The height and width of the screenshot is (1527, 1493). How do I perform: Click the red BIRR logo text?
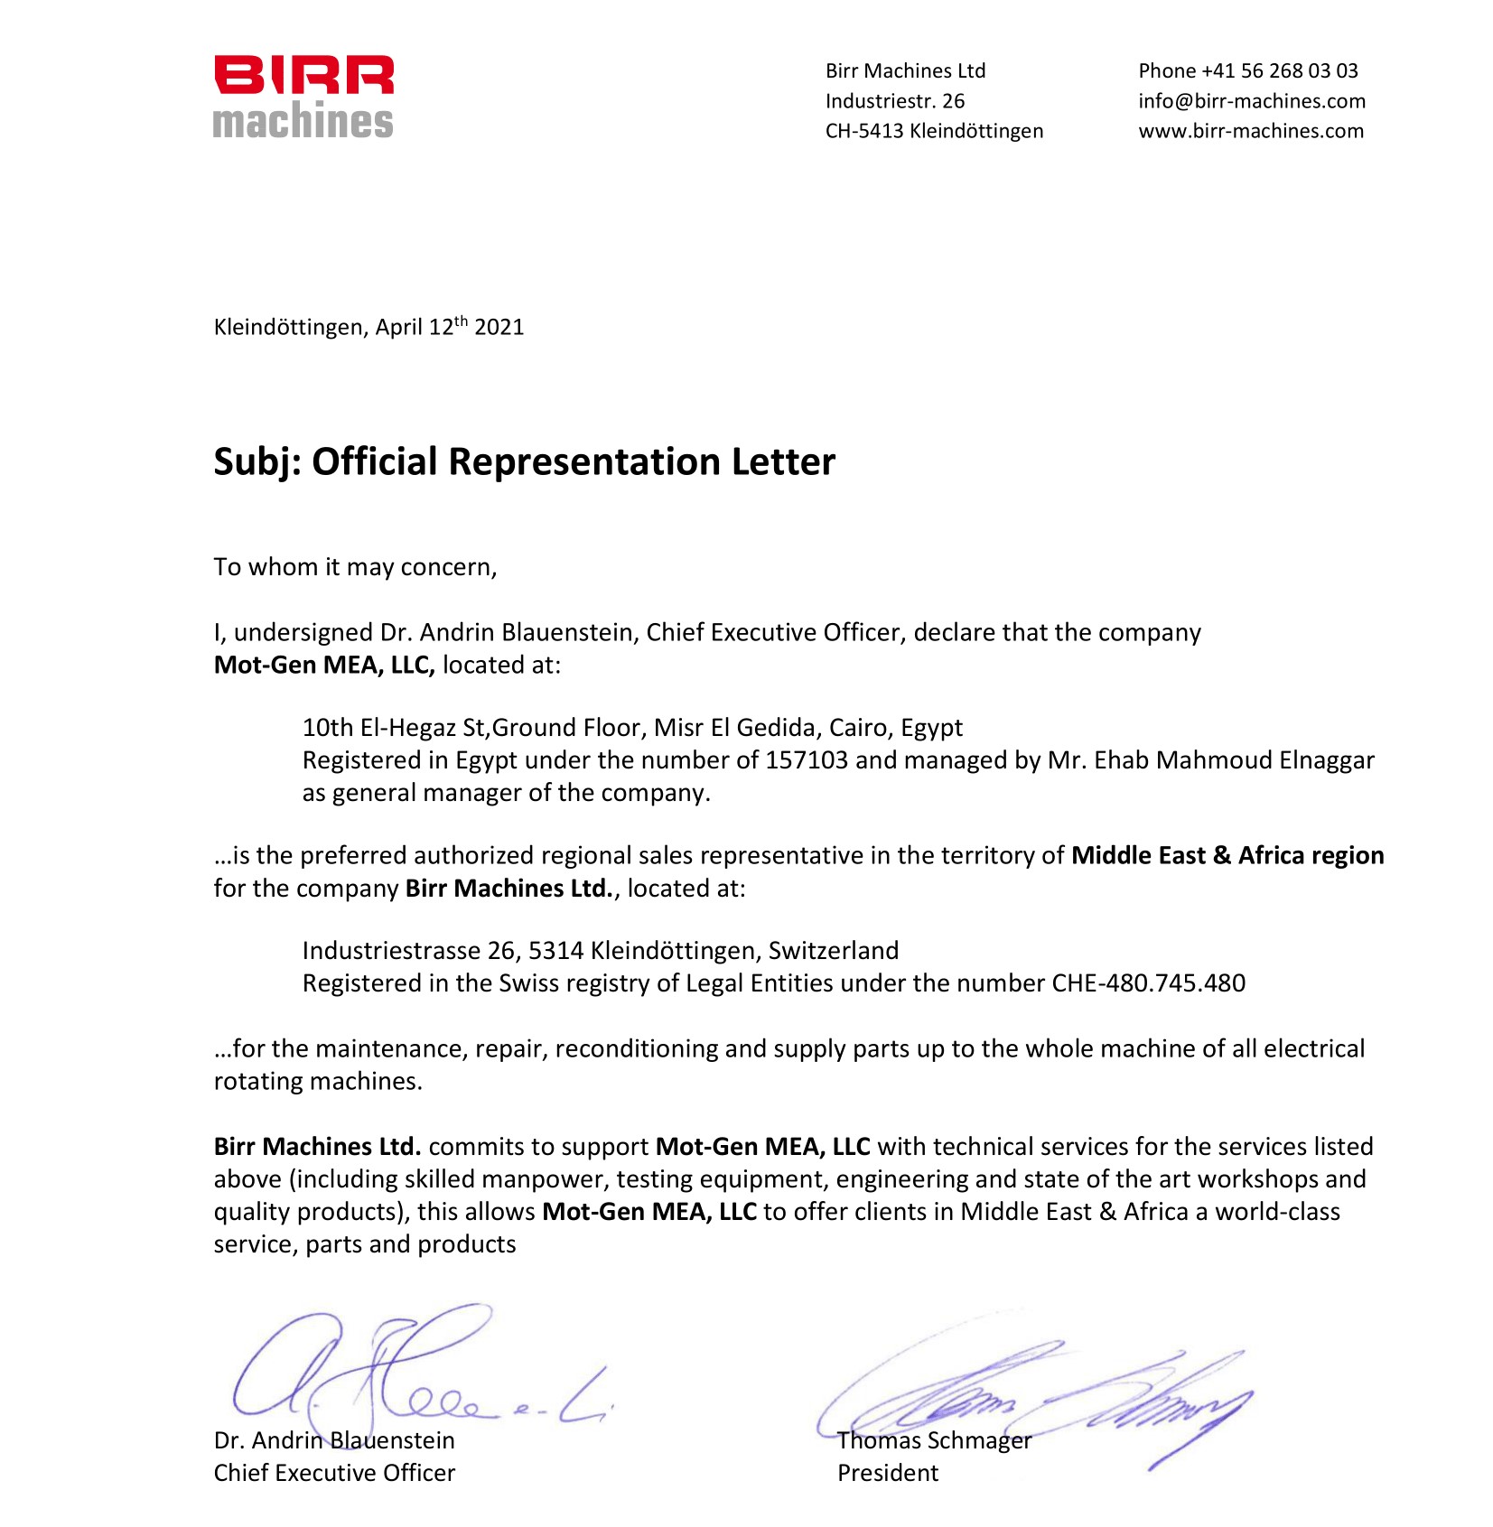click(x=303, y=75)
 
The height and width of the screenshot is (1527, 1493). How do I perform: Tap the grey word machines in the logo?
click(x=303, y=121)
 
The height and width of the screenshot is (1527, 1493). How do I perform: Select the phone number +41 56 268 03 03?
click(x=1279, y=70)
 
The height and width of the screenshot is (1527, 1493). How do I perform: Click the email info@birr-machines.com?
click(x=1251, y=100)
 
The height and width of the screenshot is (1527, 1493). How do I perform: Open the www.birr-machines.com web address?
click(x=1250, y=130)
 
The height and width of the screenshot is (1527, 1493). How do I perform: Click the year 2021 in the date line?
click(x=499, y=327)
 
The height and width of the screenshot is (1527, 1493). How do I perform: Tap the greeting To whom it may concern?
click(x=355, y=567)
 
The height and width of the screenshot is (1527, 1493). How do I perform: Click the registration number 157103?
click(x=807, y=760)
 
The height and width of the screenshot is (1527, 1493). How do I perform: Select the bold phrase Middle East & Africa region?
click(x=1227, y=855)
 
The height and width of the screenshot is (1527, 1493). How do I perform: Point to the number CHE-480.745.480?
click(x=1148, y=982)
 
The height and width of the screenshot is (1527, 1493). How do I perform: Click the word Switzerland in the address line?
click(x=833, y=950)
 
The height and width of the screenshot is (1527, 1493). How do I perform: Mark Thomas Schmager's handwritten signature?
click(x=1039, y=1404)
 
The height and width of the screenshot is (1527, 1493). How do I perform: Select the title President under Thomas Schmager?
click(x=887, y=1473)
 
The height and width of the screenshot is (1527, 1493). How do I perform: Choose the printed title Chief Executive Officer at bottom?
click(x=334, y=1473)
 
